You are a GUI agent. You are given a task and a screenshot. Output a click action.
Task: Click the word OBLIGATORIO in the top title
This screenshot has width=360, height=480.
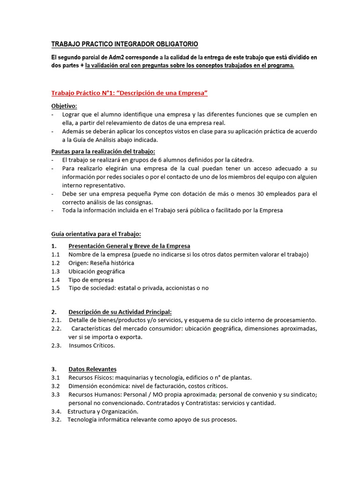(175, 44)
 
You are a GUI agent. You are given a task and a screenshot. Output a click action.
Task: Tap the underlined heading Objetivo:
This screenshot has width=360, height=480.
(64, 106)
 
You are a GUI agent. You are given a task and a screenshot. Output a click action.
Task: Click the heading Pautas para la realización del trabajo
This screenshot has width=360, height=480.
(103, 151)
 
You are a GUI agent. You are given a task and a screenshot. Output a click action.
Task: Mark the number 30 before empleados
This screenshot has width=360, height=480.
(262, 194)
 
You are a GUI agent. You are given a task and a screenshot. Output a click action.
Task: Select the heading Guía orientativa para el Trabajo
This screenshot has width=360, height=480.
(96, 234)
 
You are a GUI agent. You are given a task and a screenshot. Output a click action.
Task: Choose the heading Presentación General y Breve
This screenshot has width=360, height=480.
(129, 246)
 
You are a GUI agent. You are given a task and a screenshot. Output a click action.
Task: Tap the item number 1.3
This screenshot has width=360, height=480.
(56, 271)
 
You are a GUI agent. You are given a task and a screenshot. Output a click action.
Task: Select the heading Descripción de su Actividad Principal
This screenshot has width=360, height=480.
(120, 312)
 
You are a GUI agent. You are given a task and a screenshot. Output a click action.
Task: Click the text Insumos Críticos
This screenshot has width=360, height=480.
(92, 345)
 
